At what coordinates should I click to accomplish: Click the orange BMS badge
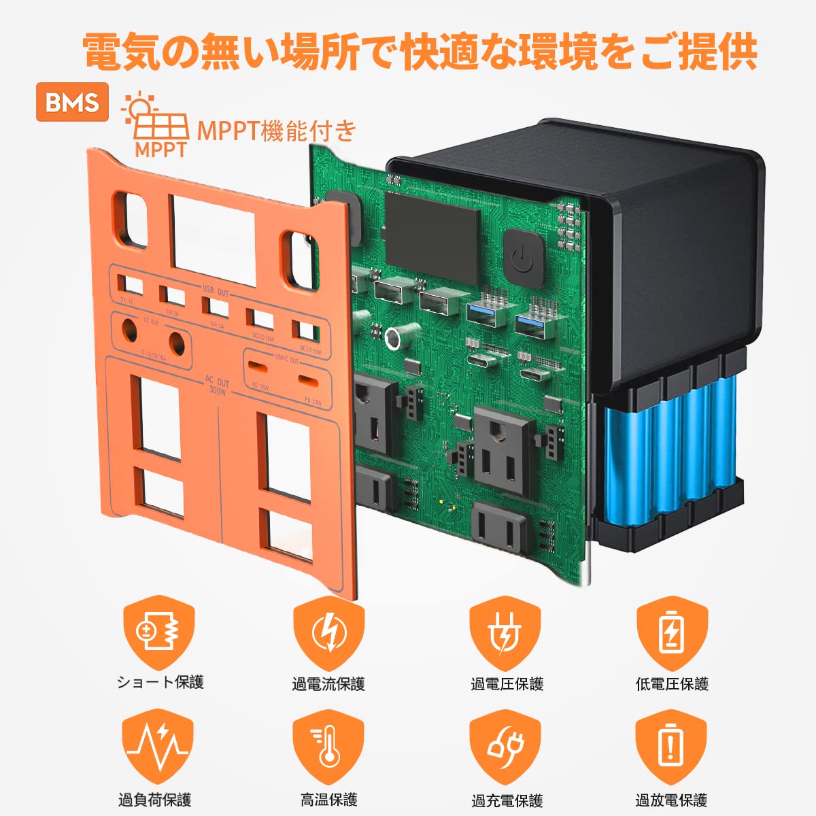[72, 102]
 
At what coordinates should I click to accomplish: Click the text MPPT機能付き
[276, 130]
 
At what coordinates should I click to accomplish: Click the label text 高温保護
[329, 800]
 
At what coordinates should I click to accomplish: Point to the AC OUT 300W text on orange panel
[218, 387]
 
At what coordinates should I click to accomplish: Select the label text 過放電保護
[671, 800]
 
